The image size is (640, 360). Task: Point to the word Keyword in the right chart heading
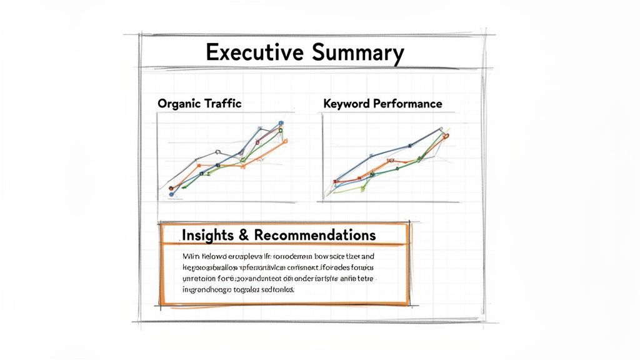pyautogui.click(x=347, y=104)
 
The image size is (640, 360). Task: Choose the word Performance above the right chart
pyautogui.click(x=407, y=104)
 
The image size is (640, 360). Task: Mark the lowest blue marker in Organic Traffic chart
pyautogui.click(x=171, y=196)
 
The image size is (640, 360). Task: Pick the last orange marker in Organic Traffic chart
pyautogui.click(x=285, y=141)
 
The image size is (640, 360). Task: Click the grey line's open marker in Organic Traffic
pyautogui.click(x=217, y=152)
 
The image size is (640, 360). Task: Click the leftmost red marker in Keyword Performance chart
pyautogui.click(x=336, y=182)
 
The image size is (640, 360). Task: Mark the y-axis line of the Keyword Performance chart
pyautogui.click(x=323, y=156)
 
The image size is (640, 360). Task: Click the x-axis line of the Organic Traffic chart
pyautogui.click(x=225, y=201)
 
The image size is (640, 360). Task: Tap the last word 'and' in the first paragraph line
pyautogui.click(x=367, y=257)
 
